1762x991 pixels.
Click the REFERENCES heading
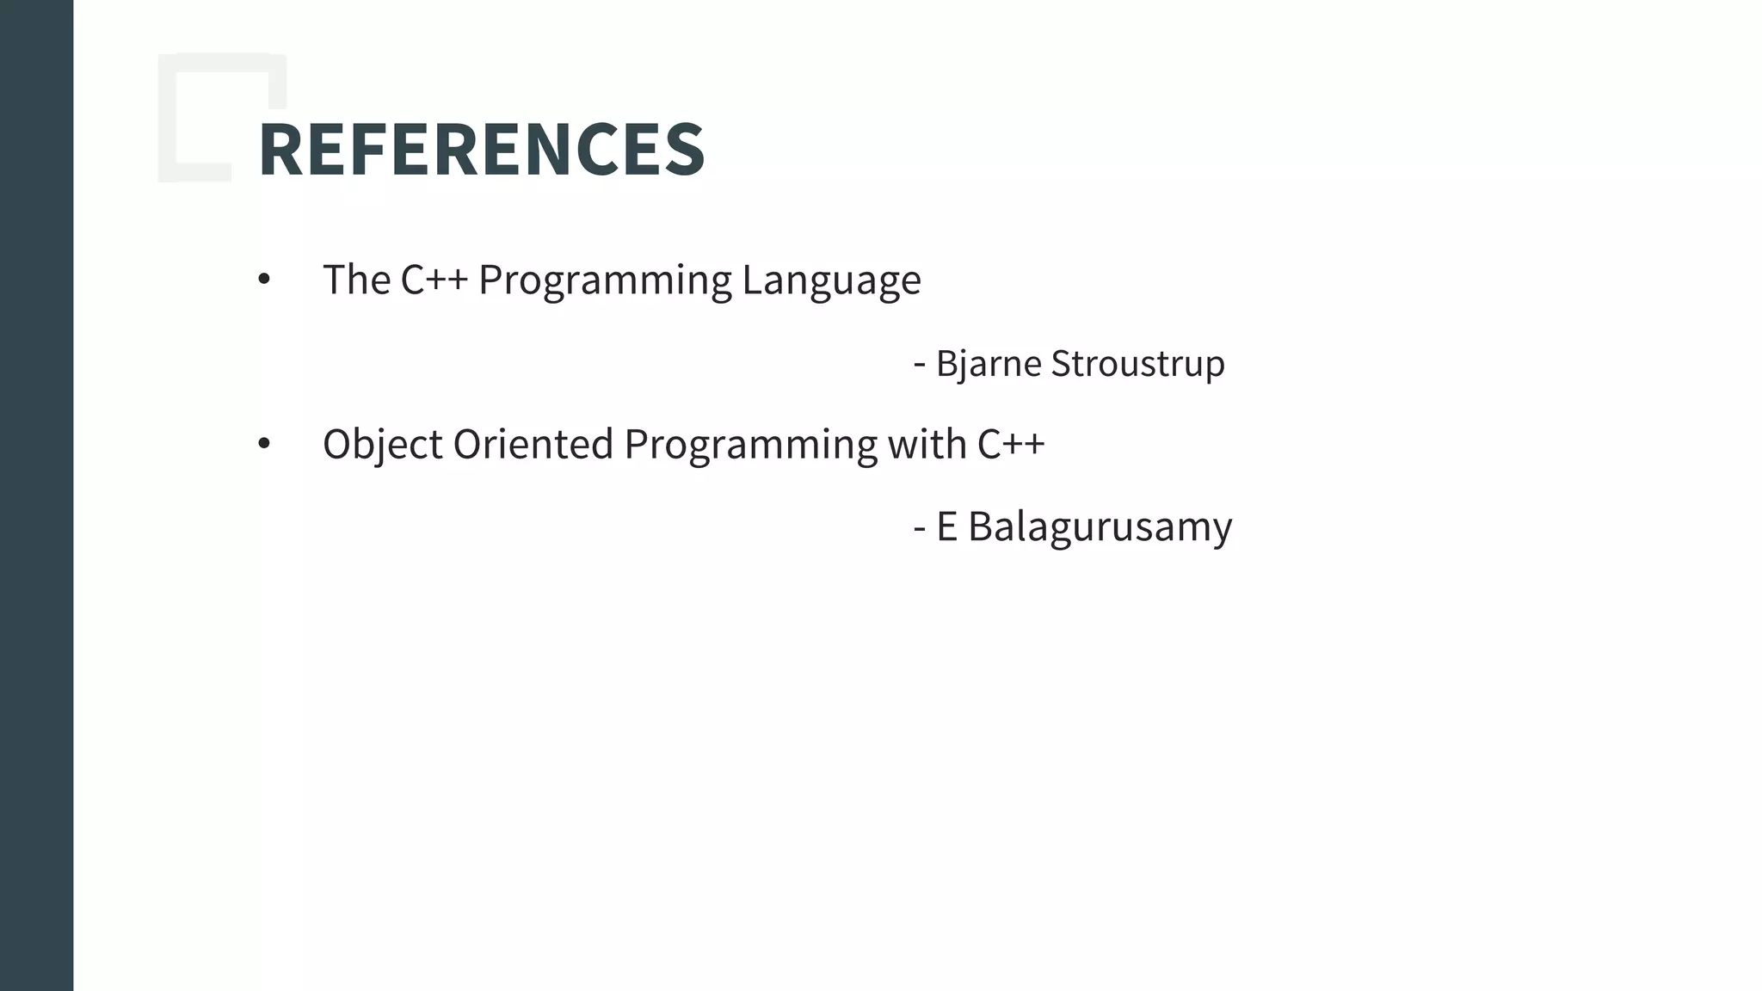coord(481,150)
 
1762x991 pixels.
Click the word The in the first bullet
coord(356,280)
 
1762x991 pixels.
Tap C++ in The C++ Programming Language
coord(434,280)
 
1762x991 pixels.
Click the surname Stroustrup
coord(1137,364)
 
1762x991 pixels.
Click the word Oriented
coord(533,444)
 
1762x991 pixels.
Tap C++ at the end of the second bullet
coord(1011,444)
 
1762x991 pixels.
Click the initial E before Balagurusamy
coord(946,526)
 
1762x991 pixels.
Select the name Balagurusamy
coord(1100,527)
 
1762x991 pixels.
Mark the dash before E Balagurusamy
coord(920,527)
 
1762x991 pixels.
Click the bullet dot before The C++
coord(264,279)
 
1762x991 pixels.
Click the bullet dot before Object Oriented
coord(264,444)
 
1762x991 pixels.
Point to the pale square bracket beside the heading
coord(167,120)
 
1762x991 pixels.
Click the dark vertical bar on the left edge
coord(36,495)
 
